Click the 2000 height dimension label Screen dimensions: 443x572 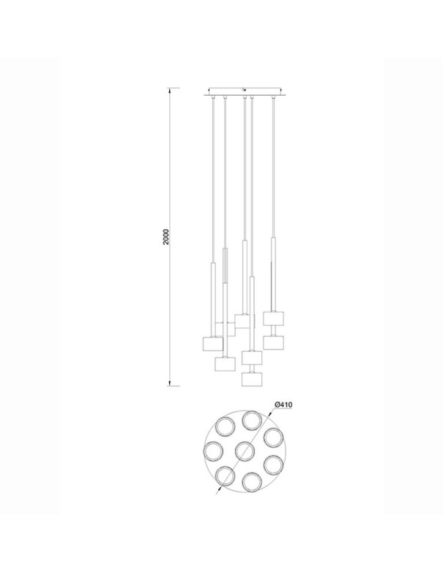coord(166,237)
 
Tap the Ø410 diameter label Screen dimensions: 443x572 coord(283,404)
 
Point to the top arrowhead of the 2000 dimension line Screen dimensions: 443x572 coord(169,90)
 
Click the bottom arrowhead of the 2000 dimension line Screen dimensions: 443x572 coord(169,383)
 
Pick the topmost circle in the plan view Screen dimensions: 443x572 coord(255,421)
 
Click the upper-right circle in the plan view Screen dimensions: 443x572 coord(274,437)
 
